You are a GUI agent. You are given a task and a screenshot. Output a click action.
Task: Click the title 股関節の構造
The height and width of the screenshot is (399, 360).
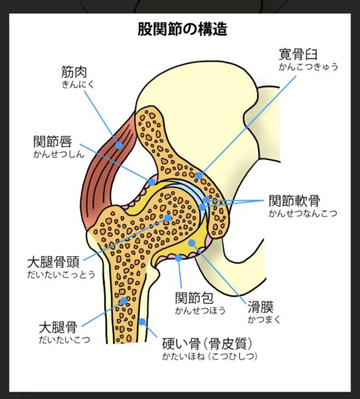[182, 29]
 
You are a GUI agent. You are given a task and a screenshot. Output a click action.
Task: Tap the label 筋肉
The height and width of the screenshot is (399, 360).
[74, 72]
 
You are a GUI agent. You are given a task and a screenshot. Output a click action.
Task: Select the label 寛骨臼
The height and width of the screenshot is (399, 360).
[298, 54]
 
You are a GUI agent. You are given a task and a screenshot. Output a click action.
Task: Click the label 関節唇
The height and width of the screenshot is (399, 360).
[52, 142]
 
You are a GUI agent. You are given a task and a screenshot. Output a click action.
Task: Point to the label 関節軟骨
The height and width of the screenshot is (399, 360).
[294, 201]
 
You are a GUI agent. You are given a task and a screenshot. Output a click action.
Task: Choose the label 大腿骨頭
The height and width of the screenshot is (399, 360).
[53, 262]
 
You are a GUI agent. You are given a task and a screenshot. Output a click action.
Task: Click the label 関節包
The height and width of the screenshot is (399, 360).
[194, 298]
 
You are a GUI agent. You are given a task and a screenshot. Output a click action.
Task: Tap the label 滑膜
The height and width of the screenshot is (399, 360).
[260, 307]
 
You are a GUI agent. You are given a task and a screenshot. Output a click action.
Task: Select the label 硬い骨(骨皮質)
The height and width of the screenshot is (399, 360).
[207, 344]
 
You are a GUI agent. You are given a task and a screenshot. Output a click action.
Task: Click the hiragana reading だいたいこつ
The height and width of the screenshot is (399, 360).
[64, 340]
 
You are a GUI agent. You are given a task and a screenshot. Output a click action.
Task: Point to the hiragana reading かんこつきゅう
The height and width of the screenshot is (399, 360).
[308, 66]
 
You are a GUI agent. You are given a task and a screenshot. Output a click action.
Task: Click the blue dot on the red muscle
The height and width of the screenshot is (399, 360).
[119, 145]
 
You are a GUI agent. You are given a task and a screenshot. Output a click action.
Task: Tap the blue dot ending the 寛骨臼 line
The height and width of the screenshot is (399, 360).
[199, 176]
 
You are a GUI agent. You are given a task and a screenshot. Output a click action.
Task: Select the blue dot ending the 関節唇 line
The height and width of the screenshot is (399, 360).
[152, 182]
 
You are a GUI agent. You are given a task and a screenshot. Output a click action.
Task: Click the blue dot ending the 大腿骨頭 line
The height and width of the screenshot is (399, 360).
[168, 218]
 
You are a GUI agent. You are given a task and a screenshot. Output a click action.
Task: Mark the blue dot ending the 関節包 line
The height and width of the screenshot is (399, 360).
[179, 258]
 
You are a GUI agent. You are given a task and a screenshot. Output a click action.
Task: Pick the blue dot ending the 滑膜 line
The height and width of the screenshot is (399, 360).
[192, 243]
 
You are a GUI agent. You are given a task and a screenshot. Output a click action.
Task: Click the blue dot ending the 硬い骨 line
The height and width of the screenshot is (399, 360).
[142, 322]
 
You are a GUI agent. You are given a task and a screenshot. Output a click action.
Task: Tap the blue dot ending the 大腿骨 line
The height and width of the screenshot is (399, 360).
[124, 301]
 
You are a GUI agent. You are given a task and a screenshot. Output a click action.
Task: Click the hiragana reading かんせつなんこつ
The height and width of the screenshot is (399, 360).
[303, 213]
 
